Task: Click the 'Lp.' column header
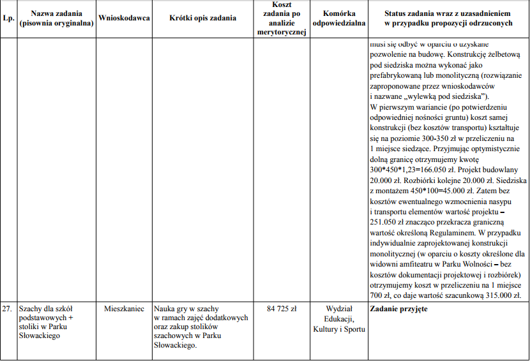click(x=8, y=18)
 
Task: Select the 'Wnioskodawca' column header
click(x=125, y=18)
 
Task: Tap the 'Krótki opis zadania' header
click(x=203, y=18)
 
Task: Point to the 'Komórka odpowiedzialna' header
click(x=339, y=18)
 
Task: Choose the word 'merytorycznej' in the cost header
click(x=282, y=33)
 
